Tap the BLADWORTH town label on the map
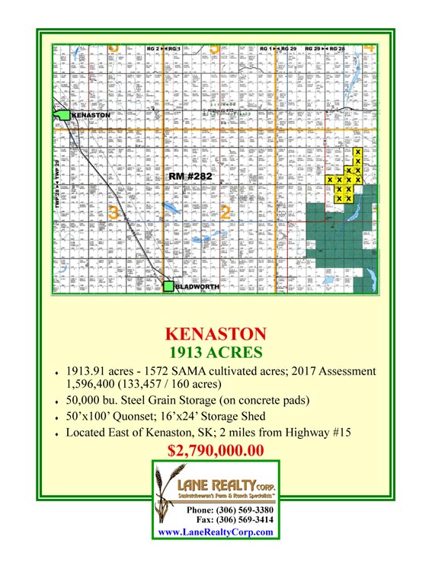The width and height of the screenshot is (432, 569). pyautogui.click(x=197, y=287)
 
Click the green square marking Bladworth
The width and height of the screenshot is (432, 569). pyautogui.click(x=168, y=286)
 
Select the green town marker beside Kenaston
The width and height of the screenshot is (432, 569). pyautogui.click(x=61, y=116)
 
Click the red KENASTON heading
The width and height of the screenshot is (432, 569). pyautogui.click(x=216, y=334)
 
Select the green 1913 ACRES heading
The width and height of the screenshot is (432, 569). pyautogui.click(x=216, y=352)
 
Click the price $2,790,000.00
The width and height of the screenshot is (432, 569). pyautogui.click(x=216, y=450)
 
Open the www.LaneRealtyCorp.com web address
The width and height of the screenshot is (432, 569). pyautogui.click(x=215, y=532)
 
